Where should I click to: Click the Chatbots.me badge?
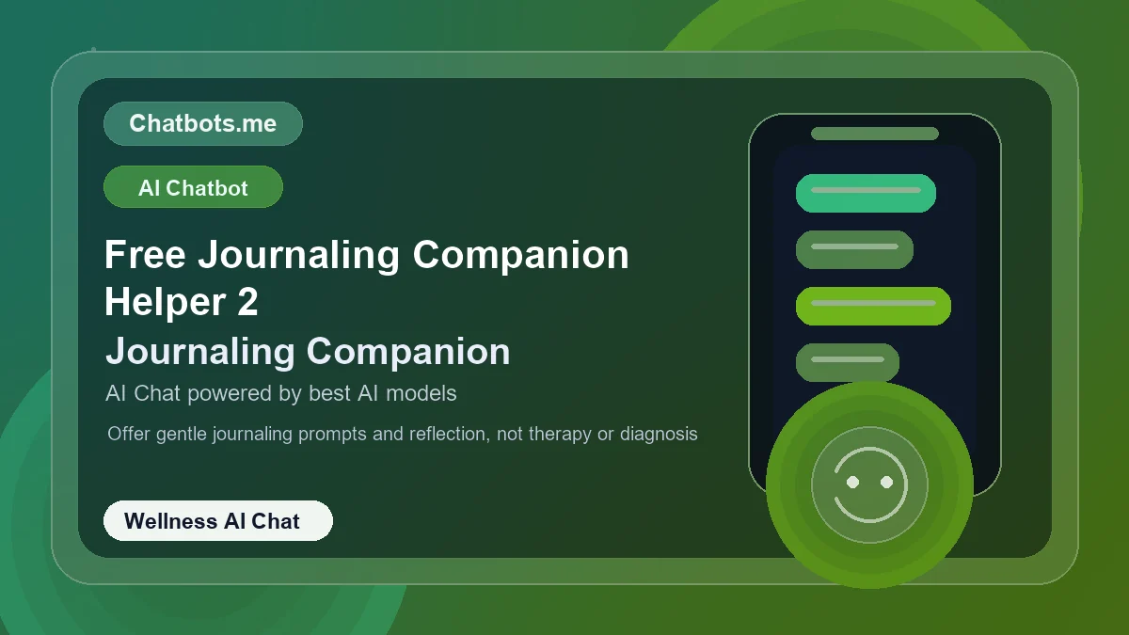202,124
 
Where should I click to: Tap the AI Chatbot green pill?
193,187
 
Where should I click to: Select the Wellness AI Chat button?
217,521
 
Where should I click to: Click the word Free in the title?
142,255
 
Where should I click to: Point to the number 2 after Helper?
246,303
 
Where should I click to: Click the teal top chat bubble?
866,193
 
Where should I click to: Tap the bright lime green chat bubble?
873,306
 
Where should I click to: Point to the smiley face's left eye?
852,483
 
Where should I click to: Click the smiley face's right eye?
886,483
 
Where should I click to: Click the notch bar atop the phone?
875,134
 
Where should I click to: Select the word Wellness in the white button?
170,521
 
